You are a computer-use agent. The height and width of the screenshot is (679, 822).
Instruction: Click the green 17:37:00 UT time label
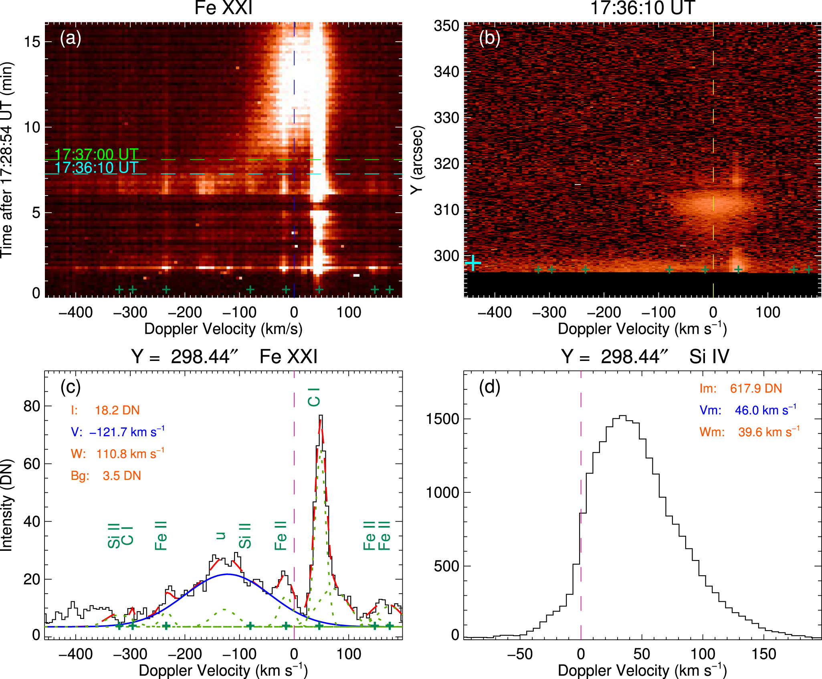(96, 154)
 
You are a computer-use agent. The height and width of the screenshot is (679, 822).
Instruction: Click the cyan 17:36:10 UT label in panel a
(96, 167)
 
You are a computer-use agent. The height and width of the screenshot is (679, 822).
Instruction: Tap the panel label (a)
(71, 38)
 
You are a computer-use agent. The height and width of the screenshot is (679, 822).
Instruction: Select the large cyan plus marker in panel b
(473, 263)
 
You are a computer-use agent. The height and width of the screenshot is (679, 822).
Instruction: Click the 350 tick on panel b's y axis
(446, 26)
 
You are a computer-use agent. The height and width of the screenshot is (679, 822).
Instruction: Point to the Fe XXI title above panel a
(223, 8)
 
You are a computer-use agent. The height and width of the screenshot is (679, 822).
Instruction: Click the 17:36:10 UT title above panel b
(642, 8)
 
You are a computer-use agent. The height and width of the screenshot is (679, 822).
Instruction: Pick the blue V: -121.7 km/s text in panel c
(117, 432)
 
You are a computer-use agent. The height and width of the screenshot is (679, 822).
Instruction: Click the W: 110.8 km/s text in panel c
(117, 454)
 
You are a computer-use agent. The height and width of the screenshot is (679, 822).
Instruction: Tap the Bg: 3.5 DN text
(106, 476)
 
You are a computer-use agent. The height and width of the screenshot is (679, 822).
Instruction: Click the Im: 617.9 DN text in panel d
(741, 388)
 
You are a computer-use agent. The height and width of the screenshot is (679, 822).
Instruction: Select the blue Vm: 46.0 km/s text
(747, 410)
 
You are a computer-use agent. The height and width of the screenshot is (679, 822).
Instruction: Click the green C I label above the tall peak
(314, 397)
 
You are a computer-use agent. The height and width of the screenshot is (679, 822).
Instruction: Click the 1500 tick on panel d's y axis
(442, 419)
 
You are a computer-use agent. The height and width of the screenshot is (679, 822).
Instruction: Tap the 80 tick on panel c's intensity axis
(32, 406)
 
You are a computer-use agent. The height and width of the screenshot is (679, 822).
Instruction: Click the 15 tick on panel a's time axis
(32, 42)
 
